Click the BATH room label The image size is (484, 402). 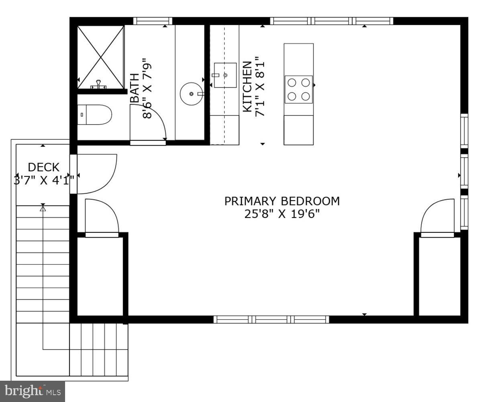[x=135, y=88]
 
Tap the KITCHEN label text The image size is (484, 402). [x=247, y=86]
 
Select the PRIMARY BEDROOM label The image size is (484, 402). [x=282, y=201]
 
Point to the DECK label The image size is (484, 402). [x=43, y=167]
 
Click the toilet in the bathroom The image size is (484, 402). [x=94, y=115]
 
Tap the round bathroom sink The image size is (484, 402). [x=192, y=94]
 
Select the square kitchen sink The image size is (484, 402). [x=225, y=75]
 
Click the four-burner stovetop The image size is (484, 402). [x=299, y=89]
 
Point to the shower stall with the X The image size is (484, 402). [x=100, y=56]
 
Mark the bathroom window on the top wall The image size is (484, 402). [x=153, y=21]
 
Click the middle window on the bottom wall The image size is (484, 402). [x=271, y=320]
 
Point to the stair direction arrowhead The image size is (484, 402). [x=43, y=208]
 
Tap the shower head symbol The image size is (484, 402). [x=98, y=85]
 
